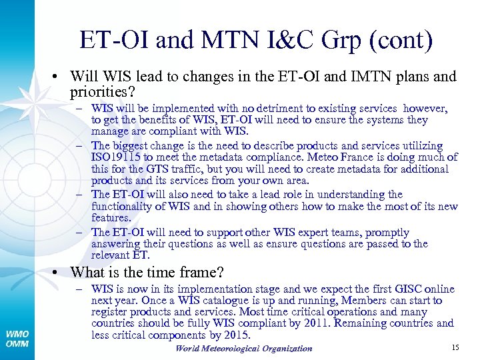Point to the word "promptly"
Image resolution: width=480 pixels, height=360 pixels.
tap(387, 233)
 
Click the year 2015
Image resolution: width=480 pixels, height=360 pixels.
tap(236, 335)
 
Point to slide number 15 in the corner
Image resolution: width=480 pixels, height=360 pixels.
tap(455, 347)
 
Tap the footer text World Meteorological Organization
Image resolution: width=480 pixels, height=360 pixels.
tap(243, 348)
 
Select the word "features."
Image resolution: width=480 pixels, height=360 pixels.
tap(111, 218)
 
